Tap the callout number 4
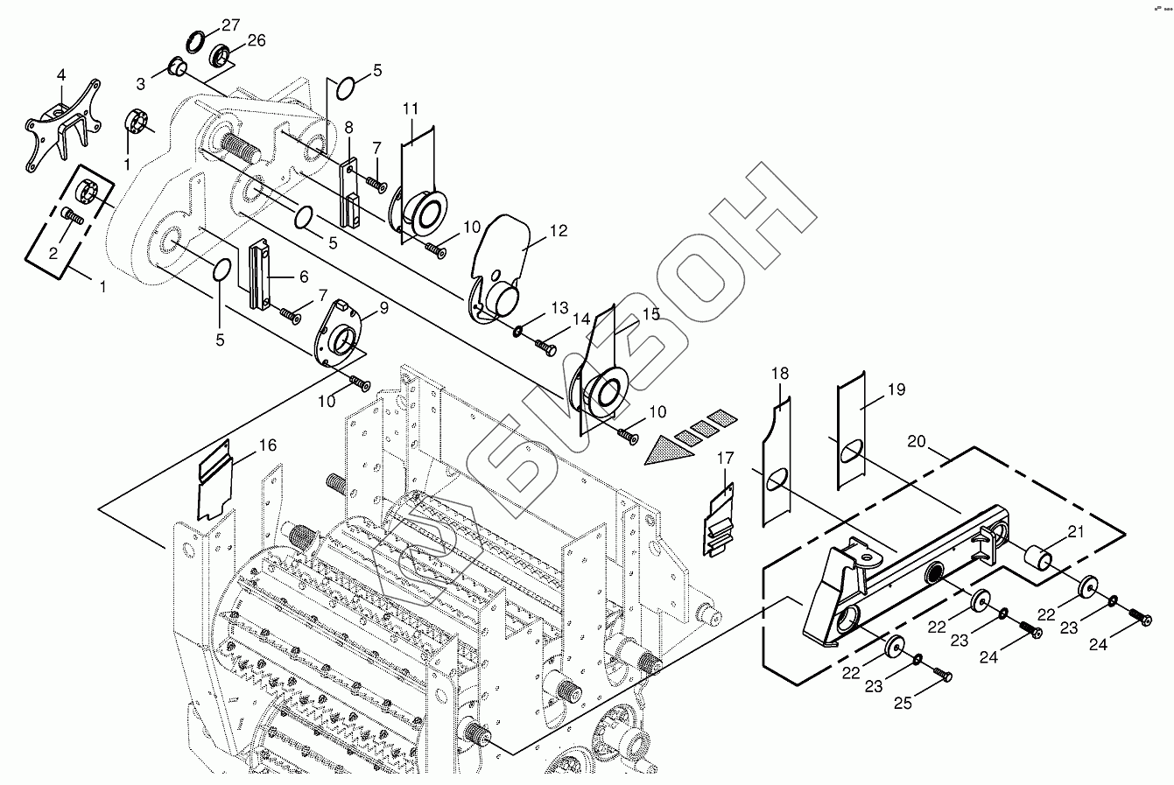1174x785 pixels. tap(61, 76)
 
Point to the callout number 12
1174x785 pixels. tap(559, 231)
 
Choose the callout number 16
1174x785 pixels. tap(267, 445)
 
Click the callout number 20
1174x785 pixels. tap(916, 441)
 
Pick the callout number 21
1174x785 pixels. tap(1074, 532)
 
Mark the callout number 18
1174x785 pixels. tap(779, 374)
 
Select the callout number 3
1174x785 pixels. tap(140, 83)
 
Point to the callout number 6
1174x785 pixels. tap(303, 277)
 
